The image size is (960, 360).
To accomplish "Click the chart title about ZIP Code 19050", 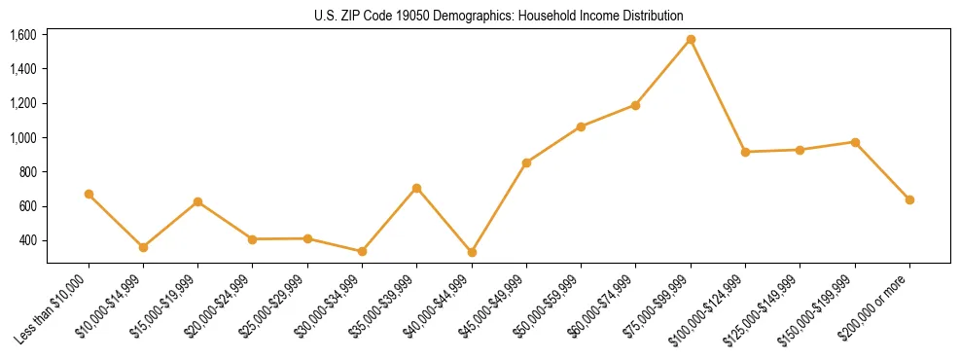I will pos(498,16).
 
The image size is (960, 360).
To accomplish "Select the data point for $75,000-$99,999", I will pos(691,40).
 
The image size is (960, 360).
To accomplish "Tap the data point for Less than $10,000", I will pos(89,194).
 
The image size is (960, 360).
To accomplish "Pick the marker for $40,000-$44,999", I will pos(472,252).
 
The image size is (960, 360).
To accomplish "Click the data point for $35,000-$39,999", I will pos(416,188).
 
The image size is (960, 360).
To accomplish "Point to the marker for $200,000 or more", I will pos(909,199).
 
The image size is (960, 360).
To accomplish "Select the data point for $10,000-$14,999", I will pos(143,247).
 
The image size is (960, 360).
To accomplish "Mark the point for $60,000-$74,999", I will pos(635,105).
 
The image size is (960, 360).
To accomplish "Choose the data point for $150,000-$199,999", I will pos(855,142).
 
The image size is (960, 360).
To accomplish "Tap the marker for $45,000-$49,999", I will pos(526,162).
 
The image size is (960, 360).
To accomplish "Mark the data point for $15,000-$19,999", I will pos(197,201).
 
